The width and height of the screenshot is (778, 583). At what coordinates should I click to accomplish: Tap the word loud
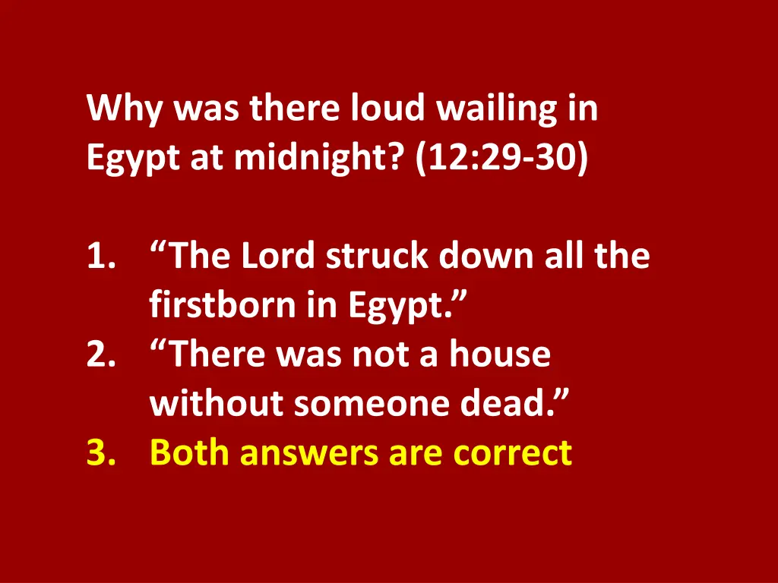(387, 109)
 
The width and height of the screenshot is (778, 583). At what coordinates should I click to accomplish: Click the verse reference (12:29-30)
(501, 159)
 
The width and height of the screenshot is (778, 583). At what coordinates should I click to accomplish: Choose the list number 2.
(100, 355)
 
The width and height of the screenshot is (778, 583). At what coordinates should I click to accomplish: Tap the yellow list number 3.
(100, 453)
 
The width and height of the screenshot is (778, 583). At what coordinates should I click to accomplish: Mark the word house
(498, 355)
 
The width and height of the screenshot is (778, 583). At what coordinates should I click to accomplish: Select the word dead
(499, 404)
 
